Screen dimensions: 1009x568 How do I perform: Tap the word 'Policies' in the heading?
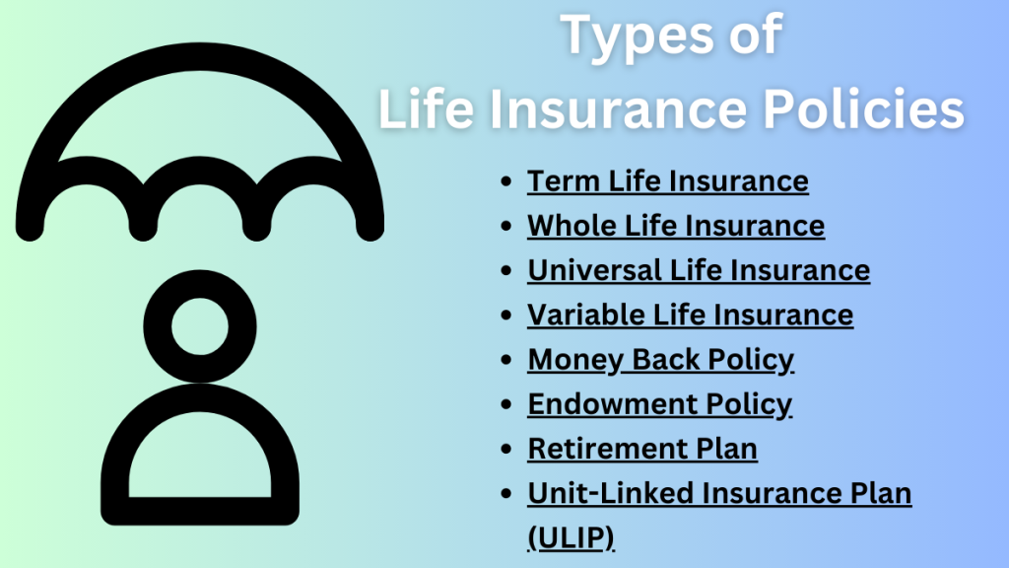pyautogui.click(x=863, y=108)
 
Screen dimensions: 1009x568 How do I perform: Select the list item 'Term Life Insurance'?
pyautogui.click(x=668, y=181)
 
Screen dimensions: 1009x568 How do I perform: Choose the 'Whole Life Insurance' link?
pyautogui.click(x=676, y=226)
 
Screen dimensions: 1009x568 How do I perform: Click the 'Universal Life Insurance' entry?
pyautogui.click(x=699, y=270)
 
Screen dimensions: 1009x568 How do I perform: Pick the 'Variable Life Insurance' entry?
pyautogui.click(x=691, y=315)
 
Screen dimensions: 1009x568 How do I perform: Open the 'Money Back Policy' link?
pyautogui.click(x=661, y=359)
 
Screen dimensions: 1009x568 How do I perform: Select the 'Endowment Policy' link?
pyautogui.click(x=659, y=403)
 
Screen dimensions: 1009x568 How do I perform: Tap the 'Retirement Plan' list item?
pyautogui.click(x=642, y=449)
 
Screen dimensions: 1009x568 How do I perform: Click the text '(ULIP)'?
pyautogui.click(x=571, y=537)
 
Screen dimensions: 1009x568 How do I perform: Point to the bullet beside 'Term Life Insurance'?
pyautogui.click(x=505, y=181)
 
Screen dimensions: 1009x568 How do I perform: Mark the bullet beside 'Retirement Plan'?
pyautogui.click(x=505, y=449)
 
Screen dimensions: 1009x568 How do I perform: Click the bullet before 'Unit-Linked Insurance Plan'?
pyautogui.click(x=505, y=493)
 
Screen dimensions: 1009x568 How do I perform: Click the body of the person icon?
pyautogui.click(x=200, y=512)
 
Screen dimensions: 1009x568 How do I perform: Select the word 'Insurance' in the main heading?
pyautogui.click(x=618, y=108)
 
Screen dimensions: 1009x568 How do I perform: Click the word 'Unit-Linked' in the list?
pyautogui.click(x=610, y=493)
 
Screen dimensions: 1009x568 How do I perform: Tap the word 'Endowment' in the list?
pyautogui.click(x=612, y=403)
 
